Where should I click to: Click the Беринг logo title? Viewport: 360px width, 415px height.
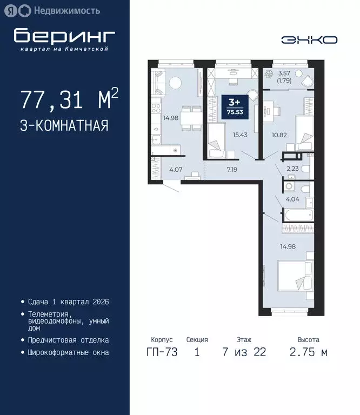click(64, 36)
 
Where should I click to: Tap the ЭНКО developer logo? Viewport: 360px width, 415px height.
click(309, 40)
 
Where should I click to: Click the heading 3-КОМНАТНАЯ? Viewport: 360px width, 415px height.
click(64, 126)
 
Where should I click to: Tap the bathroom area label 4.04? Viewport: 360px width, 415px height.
click(292, 199)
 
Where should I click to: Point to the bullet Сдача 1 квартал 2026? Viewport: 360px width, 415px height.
click(68, 302)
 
